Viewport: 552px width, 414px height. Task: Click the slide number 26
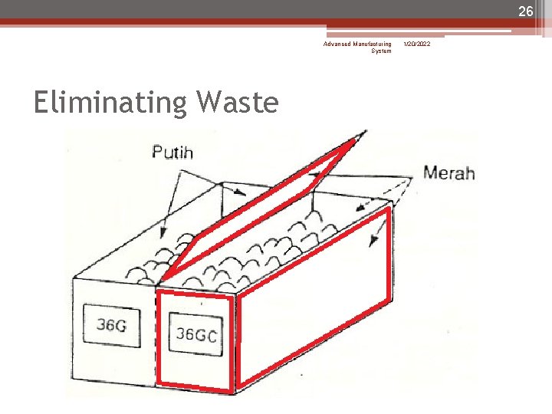click(525, 11)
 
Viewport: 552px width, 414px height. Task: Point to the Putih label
click(172, 152)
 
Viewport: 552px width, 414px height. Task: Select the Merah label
click(449, 172)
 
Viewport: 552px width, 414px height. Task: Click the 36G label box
click(112, 325)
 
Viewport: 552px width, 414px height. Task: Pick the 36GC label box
click(195, 334)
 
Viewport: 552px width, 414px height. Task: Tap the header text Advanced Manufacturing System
click(358, 48)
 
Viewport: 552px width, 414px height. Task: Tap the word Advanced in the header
click(337, 44)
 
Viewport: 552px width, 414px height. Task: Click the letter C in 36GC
click(211, 335)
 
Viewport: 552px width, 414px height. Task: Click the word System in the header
click(381, 51)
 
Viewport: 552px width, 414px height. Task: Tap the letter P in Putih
click(157, 152)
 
